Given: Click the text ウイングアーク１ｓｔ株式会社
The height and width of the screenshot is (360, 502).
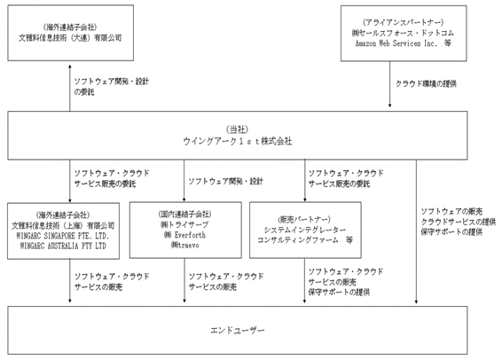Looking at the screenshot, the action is point(237,141).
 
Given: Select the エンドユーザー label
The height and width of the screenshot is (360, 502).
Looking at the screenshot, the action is point(237,330).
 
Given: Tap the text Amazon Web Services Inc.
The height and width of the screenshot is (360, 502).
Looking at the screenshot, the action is point(396,43).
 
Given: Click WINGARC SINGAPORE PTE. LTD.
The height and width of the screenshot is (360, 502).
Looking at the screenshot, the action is point(63,236).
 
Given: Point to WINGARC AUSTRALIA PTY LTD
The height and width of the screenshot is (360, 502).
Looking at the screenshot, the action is point(63,247).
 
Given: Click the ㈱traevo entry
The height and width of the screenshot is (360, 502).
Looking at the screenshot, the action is point(185,246).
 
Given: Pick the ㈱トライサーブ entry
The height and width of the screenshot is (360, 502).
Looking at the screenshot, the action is point(184,224).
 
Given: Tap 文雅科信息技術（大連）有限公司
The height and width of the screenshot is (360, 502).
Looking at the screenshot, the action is point(70,38).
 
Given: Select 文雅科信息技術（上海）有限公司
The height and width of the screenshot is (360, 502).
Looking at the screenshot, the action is point(63,225).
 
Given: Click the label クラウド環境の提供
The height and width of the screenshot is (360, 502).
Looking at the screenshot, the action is point(426,84).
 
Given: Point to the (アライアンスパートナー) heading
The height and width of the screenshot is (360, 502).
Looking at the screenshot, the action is point(403,22).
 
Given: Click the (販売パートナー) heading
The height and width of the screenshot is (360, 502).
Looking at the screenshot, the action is point(304,220).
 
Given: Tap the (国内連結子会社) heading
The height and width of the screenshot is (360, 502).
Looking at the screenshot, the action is point(185,214).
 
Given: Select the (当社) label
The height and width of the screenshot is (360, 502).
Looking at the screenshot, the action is point(237,129).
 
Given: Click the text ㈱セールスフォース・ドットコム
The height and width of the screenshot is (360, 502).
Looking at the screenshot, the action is point(403,33).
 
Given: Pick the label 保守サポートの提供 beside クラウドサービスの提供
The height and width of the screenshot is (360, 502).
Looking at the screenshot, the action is point(451,232).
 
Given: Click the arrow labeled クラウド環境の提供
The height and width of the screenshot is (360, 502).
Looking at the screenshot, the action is point(389,84).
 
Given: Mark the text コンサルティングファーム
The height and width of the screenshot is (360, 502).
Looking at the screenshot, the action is point(298,240).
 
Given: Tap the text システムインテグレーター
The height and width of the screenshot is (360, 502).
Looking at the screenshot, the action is point(304,230).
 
